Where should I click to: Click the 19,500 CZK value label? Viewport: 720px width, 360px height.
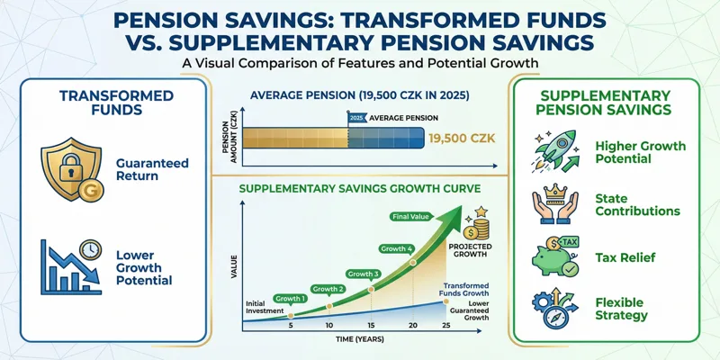(x=461, y=139)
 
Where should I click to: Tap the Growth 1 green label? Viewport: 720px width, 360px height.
(x=291, y=298)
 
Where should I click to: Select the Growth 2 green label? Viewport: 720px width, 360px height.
(x=328, y=288)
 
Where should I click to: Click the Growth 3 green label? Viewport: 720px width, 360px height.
(x=364, y=273)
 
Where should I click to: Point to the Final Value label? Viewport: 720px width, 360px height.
(x=410, y=216)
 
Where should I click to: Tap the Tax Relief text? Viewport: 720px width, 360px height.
(x=625, y=257)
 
